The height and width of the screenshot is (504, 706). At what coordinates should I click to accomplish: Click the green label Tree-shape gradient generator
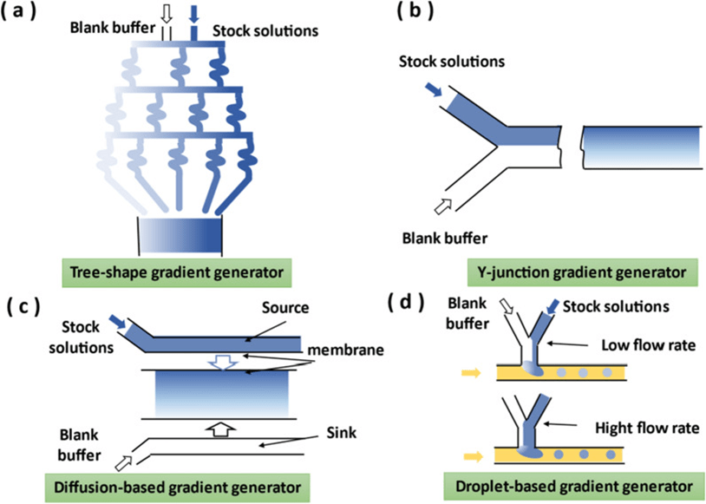pyautogui.click(x=186, y=272)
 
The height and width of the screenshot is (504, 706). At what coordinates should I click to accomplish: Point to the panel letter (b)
pyautogui.click(x=420, y=14)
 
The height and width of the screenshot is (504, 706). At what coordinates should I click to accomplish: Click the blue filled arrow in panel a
pyautogui.click(x=194, y=13)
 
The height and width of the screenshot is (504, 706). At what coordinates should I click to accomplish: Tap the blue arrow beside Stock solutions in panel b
pyautogui.click(x=434, y=90)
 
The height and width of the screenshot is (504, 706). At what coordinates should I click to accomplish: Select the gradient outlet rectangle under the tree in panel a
pyautogui.click(x=181, y=234)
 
